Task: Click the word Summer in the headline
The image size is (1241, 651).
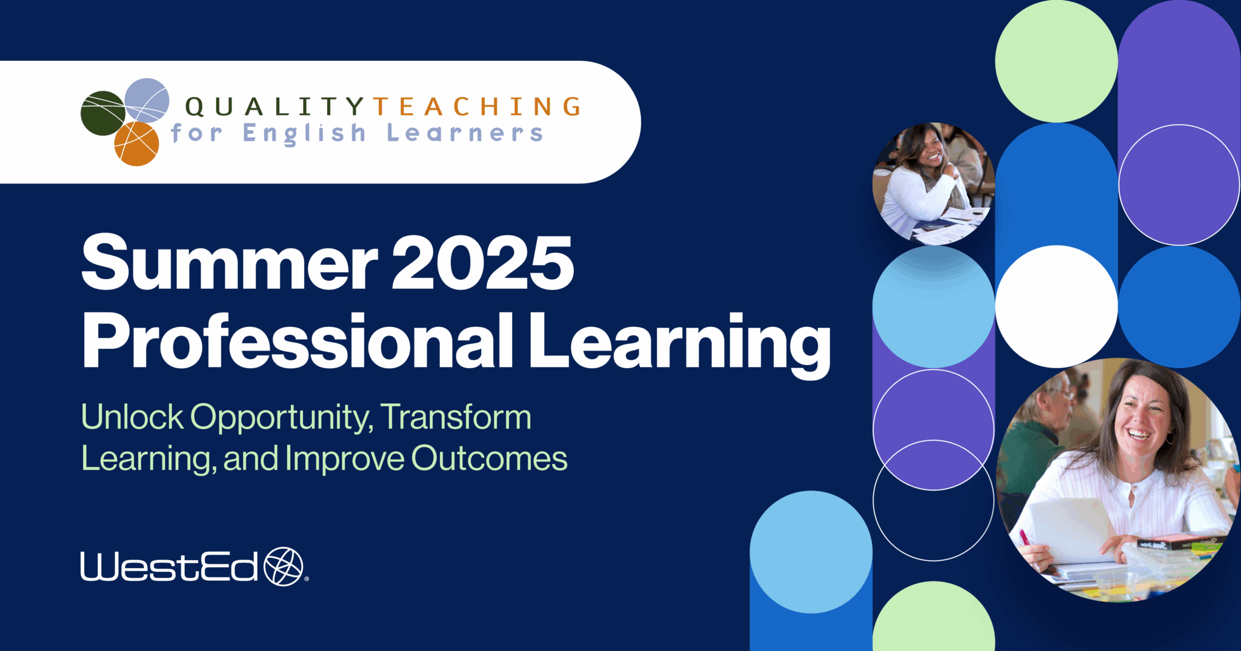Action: coord(229,263)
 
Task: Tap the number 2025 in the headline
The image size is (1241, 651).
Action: coord(482,263)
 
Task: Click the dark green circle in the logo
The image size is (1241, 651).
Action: coord(102,113)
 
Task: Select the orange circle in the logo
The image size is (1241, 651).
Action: coord(137,144)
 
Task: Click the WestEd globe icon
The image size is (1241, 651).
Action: coord(283,567)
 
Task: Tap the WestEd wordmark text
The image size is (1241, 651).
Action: coord(170,567)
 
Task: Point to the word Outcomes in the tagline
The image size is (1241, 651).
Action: coord(490,458)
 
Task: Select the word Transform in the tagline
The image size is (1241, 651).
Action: coord(456,417)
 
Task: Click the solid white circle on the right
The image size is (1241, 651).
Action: coord(1056,306)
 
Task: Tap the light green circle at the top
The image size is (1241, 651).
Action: coord(1056,61)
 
